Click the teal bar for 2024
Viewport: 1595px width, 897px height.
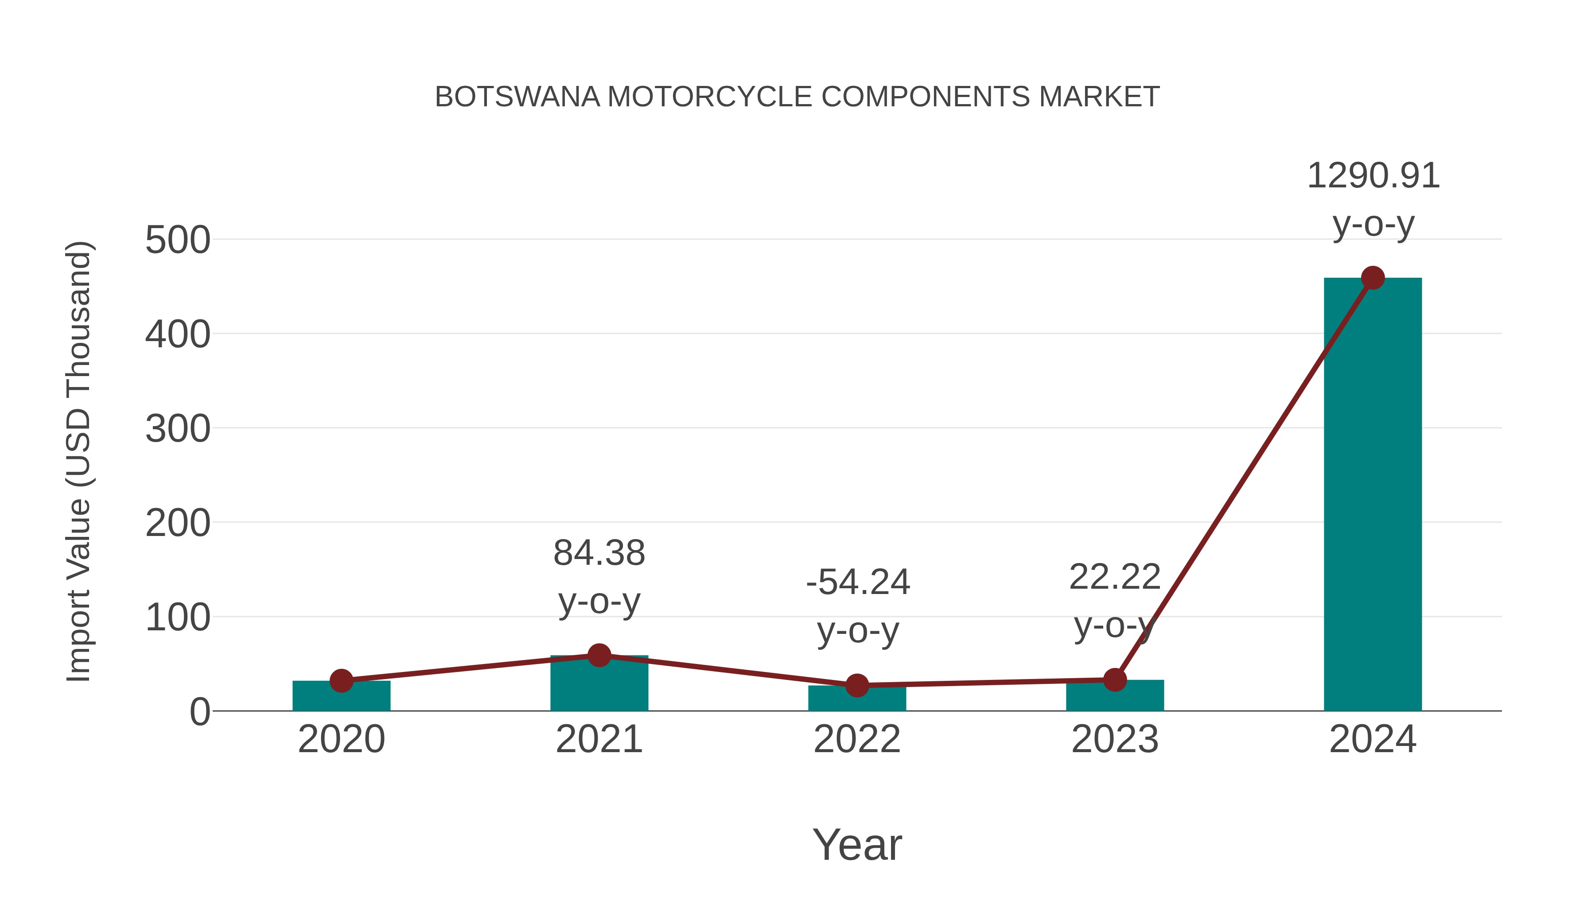click(x=1372, y=495)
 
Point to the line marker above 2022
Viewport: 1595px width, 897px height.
click(x=856, y=685)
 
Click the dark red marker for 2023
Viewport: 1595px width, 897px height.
click(x=1115, y=680)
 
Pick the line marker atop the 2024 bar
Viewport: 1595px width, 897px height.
click(x=1373, y=278)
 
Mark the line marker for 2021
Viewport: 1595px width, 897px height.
click(x=599, y=655)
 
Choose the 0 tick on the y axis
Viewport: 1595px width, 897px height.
click(x=199, y=712)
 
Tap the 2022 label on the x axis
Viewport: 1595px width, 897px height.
click(x=856, y=739)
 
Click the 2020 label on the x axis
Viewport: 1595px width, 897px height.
click(x=341, y=739)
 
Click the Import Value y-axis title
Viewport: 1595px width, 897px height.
click(x=78, y=461)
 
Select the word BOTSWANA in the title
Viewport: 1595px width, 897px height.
click(x=517, y=97)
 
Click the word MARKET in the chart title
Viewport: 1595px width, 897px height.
click(x=1099, y=97)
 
